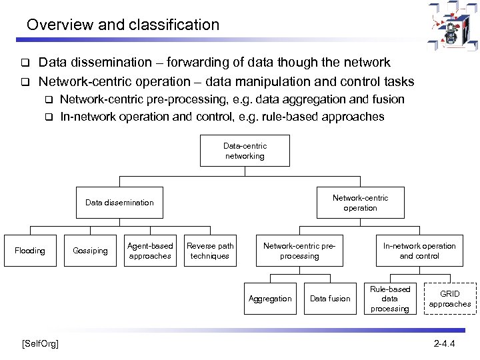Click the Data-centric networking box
244,151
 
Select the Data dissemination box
119,203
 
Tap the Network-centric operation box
360,203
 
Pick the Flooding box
30,251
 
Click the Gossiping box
90,251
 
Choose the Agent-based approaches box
150,251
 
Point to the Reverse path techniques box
210,251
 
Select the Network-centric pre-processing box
299,251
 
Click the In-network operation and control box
419,251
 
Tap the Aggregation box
270,299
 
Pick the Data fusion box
330,299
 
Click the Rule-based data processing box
390,299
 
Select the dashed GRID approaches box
450,299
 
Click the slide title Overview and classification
123,25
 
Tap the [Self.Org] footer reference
40,343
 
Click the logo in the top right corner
452,25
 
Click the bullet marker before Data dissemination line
23,63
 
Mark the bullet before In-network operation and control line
48,117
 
